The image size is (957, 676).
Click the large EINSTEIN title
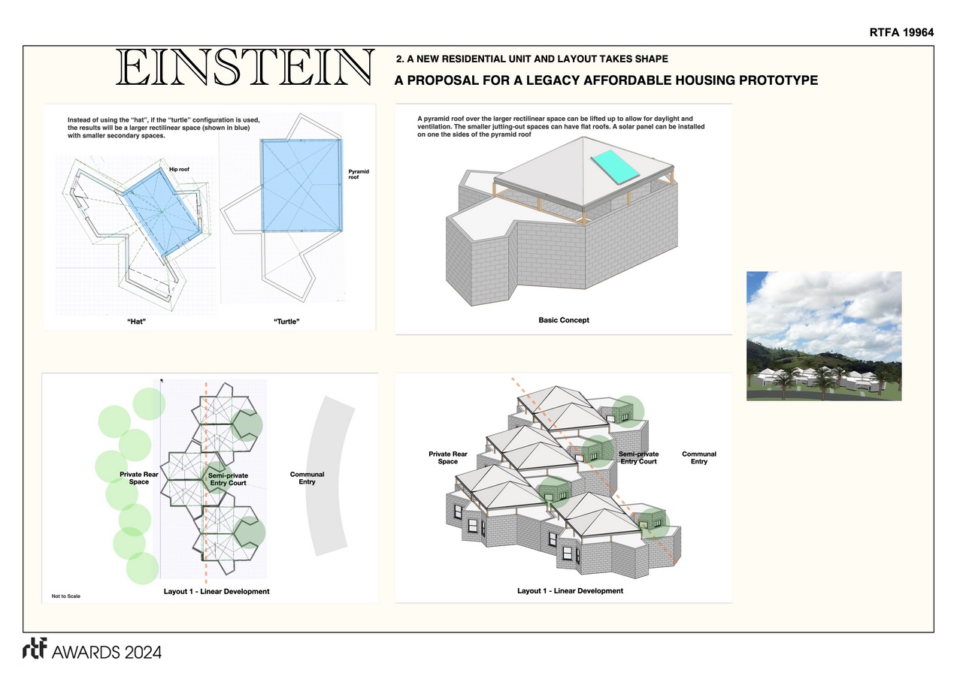[245, 67]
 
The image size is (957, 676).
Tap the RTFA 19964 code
[901, 32]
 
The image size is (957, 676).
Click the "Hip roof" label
[179, 170]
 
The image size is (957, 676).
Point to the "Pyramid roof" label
[359, 174]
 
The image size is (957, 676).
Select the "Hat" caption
[136, 321]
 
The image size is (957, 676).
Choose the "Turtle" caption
[286, 321]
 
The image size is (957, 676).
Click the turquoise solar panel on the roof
[615, 167]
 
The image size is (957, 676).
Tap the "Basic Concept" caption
[564, 320]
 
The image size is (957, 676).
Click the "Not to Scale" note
[66, 596]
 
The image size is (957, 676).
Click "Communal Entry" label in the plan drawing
[307, 478]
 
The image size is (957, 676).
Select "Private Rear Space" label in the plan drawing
[139, 478]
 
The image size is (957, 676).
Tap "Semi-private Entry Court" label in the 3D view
[638, 458]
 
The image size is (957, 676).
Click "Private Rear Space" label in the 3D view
[448, 458]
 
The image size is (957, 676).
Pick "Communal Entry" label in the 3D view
[699, 458]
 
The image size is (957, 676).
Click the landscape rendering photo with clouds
[824, 336]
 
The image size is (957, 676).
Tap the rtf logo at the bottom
[35, 648]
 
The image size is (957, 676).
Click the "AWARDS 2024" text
[107, 653]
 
